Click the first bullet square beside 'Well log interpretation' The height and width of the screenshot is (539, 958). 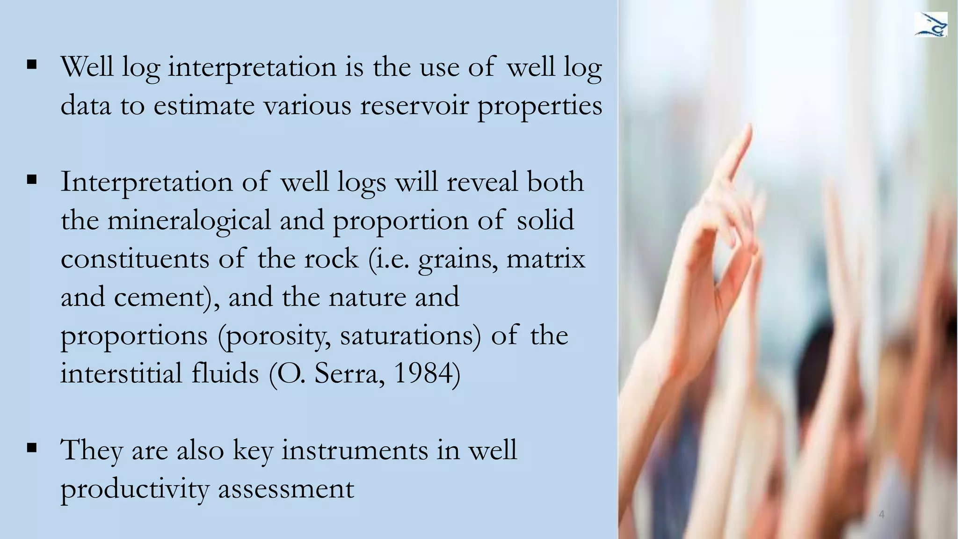[x=32, y=65]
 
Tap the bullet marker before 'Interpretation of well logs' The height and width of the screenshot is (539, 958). [x=32, y=180]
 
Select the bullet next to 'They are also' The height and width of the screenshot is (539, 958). [x=32, y=448]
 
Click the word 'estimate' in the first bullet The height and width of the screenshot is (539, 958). [x=204, y=105]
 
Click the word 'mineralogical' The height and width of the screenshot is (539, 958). [x=189, y=220]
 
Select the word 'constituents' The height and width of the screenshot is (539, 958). [x=135, y=259]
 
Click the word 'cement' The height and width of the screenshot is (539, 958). [x=160, y=297]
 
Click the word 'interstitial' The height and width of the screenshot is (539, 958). [x=121, y=373]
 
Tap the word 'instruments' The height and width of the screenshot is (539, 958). [x=355, y=450]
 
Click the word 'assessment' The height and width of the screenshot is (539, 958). [x=286, y=489]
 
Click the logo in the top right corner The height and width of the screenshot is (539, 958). [x=930, y=25]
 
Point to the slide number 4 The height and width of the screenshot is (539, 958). [x=882, y=515]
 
